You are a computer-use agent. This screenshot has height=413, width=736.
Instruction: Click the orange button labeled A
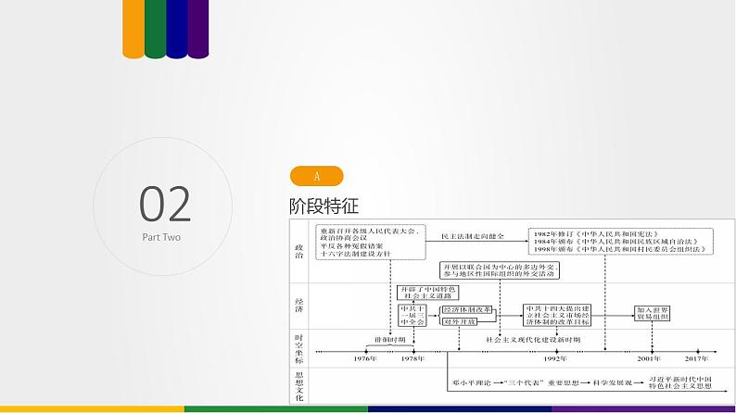(x=316, y=176)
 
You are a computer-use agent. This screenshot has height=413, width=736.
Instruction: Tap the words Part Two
(x=161, y=237)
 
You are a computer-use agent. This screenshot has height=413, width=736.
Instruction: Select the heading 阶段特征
(x=324, y=206)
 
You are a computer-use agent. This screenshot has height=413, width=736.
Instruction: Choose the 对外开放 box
(x=458, y=321)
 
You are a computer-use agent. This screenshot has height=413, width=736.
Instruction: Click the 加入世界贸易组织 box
(x=654, y=313)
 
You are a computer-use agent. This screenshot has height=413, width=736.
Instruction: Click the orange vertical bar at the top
(x=133, y=28)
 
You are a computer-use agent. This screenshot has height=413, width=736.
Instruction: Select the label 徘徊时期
(x=390, y=340)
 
